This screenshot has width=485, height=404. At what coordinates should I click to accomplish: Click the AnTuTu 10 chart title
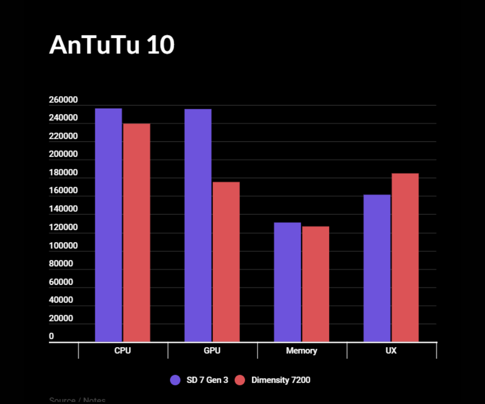coord(112,45)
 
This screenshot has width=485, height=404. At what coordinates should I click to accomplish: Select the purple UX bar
coord(377,268)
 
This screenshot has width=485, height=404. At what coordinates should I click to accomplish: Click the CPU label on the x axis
coord(122,351)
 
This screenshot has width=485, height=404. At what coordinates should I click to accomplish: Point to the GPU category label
coord(212,351)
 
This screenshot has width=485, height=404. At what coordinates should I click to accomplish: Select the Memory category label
coord(302,351)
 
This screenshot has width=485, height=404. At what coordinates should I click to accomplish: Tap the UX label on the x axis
coord(391,351)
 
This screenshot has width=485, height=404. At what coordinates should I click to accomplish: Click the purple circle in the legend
coord(175,380)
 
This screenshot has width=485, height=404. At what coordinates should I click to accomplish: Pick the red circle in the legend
coord(240,380)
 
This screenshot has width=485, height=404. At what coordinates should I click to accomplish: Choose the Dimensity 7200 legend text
coord(280,380)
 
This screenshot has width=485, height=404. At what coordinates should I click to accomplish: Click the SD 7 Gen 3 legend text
coord(207,380)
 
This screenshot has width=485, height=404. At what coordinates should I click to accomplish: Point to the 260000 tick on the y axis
coord(63,100)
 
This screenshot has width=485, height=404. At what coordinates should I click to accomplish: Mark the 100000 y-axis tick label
coord(63,246)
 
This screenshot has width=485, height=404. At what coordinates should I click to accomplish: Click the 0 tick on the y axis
coord(51,337)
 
